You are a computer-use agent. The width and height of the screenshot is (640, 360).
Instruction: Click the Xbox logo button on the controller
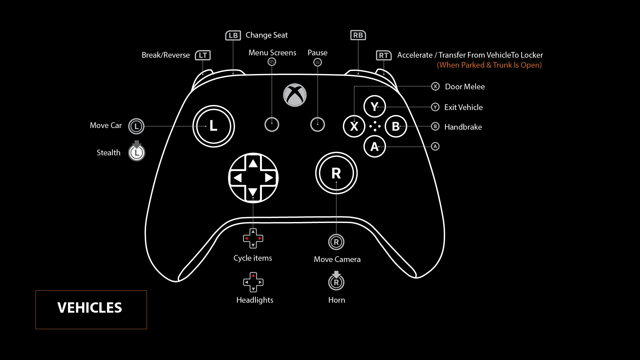[295, 95]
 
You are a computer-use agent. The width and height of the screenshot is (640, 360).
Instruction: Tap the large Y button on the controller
[375, 106]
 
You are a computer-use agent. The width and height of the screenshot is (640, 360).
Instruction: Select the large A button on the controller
[375, 146]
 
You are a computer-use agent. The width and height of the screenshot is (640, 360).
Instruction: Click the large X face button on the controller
[354, 126]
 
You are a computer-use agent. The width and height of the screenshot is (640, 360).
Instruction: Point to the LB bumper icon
[233, 35]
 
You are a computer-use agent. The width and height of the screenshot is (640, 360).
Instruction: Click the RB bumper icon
[358, 35]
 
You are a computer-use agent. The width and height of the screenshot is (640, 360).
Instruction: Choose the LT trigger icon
[203, 55]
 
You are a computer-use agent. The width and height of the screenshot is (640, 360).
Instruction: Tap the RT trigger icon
[384, 55]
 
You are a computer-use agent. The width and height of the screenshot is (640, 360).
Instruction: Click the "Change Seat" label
[267, 35]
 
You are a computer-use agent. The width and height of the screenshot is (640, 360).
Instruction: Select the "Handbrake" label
[463, 127]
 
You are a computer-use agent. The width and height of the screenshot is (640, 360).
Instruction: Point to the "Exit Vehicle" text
[463, 107]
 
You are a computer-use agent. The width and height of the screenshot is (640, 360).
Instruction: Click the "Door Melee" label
[465, 87]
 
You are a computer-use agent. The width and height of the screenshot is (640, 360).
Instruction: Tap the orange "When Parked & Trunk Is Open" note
[489, 65]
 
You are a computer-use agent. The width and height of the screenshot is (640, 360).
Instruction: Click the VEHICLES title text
[90, 308]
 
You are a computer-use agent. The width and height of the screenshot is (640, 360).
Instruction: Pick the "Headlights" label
[255, 300]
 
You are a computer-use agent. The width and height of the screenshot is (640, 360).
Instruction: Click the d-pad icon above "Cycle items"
[253, 238]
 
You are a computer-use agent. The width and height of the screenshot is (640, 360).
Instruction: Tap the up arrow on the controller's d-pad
[253, 163]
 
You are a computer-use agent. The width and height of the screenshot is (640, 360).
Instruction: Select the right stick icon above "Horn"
[336, 281]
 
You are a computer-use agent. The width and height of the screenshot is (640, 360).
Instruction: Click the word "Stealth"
[108, 153]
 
